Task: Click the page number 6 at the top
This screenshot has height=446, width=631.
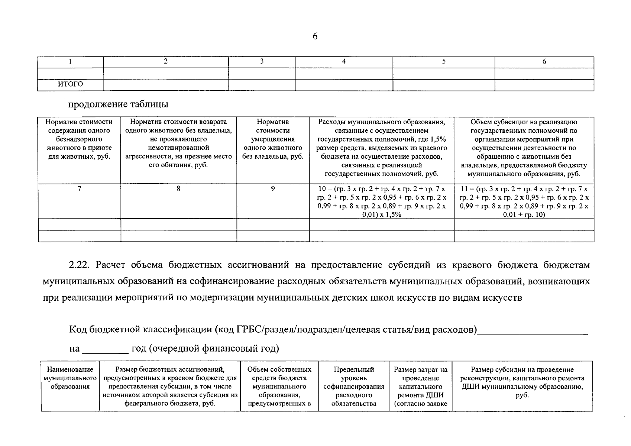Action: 315,36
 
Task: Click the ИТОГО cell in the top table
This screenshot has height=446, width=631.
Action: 70,84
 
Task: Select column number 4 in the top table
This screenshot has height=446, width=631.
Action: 344,62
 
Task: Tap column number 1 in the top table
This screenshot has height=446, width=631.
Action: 70,62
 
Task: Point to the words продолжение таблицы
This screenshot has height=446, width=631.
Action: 118,104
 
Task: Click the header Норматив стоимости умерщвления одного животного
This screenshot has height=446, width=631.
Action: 273,139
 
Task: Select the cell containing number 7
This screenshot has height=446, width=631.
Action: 79,189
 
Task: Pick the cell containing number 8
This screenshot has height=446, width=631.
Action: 178,189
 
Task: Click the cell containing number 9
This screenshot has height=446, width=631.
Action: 273,189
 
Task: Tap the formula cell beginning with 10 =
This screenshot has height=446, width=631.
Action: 382,201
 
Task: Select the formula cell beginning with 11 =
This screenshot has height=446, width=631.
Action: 524,201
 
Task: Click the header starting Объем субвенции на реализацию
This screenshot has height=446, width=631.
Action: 524,148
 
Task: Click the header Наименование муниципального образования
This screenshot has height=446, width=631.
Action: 70,378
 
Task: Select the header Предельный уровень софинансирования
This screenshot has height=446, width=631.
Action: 353,387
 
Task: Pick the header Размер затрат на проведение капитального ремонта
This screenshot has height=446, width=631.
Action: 420,387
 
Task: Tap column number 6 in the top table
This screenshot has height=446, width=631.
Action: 544,62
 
